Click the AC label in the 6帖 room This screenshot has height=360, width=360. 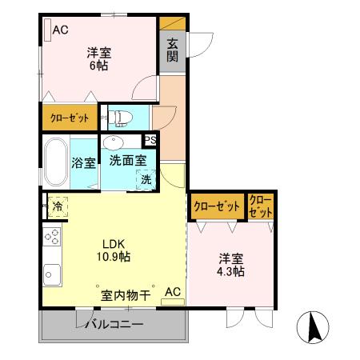coord(61,30)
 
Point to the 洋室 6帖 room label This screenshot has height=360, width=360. coord(99,59)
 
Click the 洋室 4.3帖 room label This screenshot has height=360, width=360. coord(232,266)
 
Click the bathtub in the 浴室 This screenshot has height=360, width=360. coord(55,161)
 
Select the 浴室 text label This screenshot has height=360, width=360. coord(84,162)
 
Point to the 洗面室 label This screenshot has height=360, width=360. coord(127,160)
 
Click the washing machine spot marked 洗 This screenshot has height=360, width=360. coord(146,179)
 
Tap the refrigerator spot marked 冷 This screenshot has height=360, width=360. coord(58,206)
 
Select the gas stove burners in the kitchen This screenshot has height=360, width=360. coord(52,237)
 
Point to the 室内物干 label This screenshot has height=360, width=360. coord(126,295)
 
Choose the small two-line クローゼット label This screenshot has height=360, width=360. coord(261,206)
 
